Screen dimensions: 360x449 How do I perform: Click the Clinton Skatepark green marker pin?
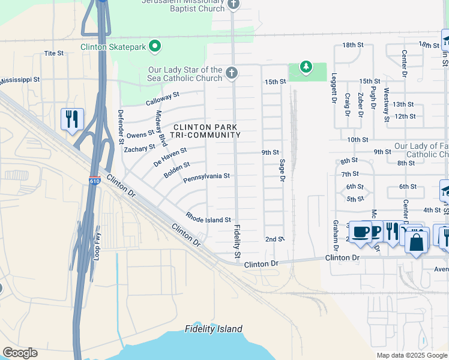pyautogui.click(x=155, y=46)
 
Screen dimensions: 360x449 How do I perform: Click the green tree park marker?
pyautogui.click(x=306, y=67)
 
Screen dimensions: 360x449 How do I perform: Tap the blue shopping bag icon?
pyautogui.click(x=415, y=243)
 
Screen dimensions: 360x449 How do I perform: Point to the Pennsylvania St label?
pyautogui.click(x=206, y=176)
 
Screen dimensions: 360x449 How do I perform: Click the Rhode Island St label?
pyautogui.click(x=208, y=220)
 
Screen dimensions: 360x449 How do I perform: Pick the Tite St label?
pyautogui.click(x=54, y=53)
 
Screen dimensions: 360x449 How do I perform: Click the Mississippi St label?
pyautogui.click(x=20, y=79)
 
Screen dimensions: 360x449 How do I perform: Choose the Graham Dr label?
pyautogui.click(x=335, y=231)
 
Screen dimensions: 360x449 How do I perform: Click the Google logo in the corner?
pyautogui.click(x=20, y=353)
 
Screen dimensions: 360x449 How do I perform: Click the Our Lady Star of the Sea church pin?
pyautogui.click(x=232, y=73)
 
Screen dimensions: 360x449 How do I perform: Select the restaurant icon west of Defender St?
pyautogui.click(x=71, y=118)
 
